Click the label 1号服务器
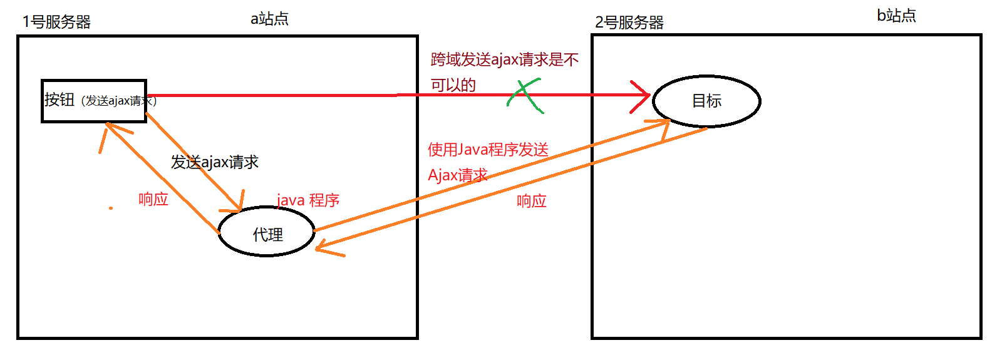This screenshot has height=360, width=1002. click(56, 22)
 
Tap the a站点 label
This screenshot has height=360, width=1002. click(269, 19)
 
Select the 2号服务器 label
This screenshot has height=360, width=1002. click(629, 23)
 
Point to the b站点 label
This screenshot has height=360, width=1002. click(896, 16)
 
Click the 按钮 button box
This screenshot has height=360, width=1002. click(94, 101)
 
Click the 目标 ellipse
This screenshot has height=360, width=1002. click(706, 101)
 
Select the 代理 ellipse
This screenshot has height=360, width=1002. click(267, 232)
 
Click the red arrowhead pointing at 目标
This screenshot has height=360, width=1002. click(643, 96)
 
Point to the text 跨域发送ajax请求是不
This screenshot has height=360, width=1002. click(504, 59)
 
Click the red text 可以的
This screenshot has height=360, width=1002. click(453, 85)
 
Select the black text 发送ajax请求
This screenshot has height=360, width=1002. click(215, 162)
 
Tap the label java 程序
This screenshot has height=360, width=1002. click(308, 200)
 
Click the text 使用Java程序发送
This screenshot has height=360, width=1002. click(488, 150)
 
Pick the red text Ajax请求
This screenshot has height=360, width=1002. click(457, 175)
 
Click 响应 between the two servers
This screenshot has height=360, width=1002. click(531, 201)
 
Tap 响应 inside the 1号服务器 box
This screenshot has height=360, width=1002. click(153, 199)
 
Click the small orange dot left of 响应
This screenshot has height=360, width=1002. click(111, 208)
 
